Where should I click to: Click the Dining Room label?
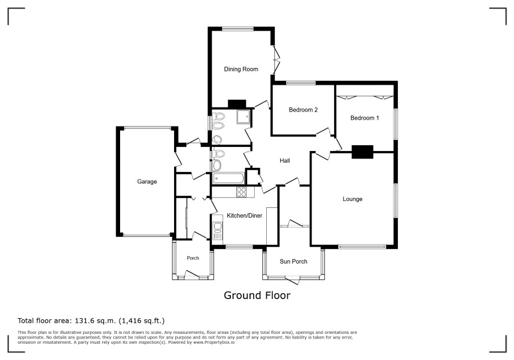(241, 69)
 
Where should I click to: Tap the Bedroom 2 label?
(303, 110)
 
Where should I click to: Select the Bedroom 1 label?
(364, 118)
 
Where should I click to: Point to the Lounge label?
(352, 199)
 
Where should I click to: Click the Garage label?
(147, 182)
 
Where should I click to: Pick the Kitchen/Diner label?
(245, 215)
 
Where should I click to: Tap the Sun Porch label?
(294, 261)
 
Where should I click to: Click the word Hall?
(284, 160)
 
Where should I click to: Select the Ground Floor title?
(257, 296)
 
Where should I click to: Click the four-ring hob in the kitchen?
(241, 192)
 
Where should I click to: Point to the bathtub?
(229, 179)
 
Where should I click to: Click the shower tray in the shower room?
(244, 117)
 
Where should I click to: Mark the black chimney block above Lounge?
(362, 152)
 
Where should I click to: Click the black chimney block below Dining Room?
(237, 104)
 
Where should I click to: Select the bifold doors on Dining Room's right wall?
(276, 60)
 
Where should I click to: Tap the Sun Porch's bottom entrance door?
(292, 280)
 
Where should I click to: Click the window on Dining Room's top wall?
(237, 29)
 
